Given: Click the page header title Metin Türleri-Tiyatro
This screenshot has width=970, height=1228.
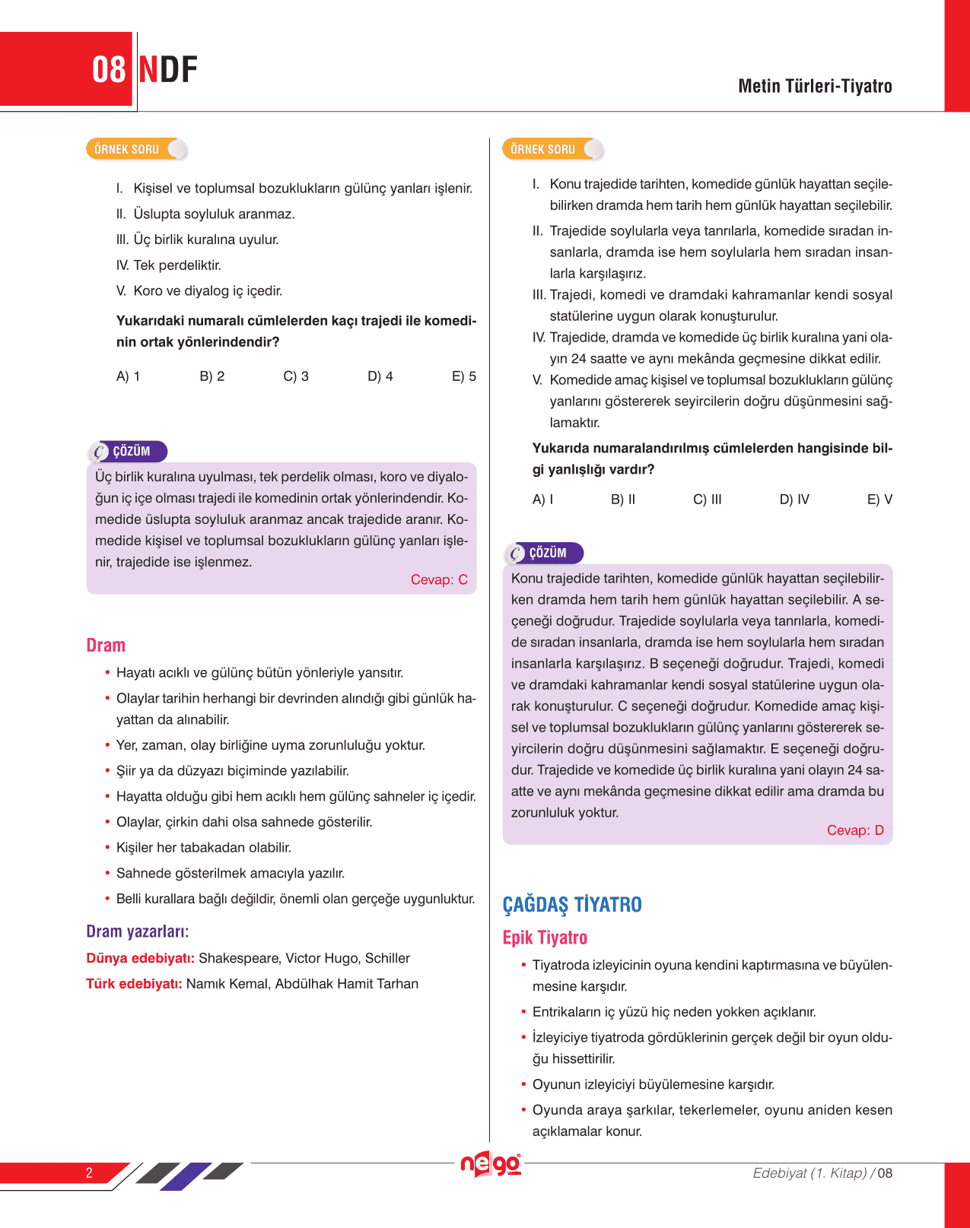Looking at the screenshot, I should (x=815, y=86).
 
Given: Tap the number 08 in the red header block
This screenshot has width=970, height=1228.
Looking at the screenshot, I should (x=109, y=70).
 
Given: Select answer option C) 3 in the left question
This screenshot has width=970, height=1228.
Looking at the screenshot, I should (x=296, y=376).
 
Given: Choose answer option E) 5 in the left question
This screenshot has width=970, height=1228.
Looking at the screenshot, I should (x=464, y=376).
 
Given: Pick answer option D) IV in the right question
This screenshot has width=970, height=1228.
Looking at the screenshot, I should (x=794, y=500).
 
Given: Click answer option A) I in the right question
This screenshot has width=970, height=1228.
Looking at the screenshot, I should (x=542, y=500).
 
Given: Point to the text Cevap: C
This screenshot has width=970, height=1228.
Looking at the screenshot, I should (x=439, y=579).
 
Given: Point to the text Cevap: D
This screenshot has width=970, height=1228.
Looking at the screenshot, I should (x=855, y=830).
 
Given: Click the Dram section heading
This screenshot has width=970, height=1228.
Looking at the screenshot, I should (x=106, y=646).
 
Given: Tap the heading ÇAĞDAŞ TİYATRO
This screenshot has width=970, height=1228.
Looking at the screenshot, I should (x=572, y=905).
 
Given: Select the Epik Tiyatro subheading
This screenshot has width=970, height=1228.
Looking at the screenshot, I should (x=545, y=938).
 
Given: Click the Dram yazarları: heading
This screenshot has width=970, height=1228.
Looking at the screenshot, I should (x=138, y=931).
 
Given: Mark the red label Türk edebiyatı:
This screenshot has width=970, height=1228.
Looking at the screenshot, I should (x=134, y=984).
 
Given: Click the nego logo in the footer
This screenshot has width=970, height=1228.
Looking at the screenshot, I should (x=491, y=1164).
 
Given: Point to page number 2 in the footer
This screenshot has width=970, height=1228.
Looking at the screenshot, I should (x=89, y=1172).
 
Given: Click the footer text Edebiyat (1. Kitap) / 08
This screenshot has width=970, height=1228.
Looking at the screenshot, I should (x=822, y=1173).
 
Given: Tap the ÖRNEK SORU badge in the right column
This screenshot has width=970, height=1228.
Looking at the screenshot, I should (x=543, y=149).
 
